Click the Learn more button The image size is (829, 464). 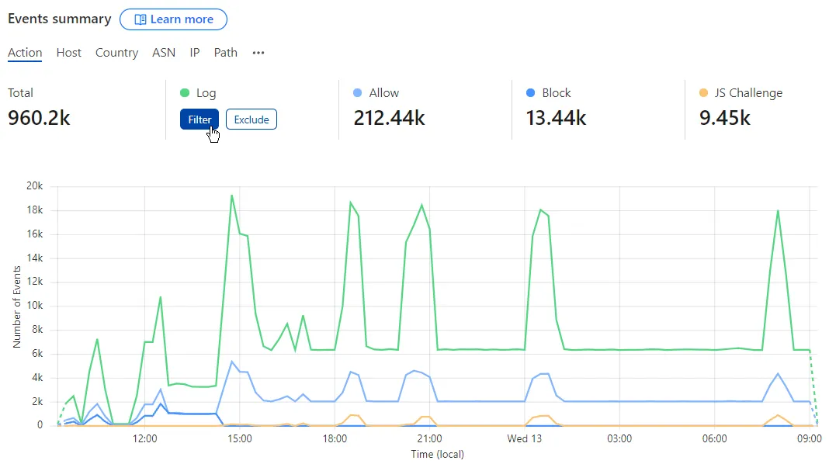coord(173,19)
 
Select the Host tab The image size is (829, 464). coord(68,53)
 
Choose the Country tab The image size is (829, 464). coord(116,53)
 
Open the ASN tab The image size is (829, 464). coord(164,53)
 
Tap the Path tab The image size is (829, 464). coord(226,53)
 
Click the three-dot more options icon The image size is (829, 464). coord(258,53)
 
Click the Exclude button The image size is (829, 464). coord(251,119)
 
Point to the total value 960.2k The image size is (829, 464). coord(39,118)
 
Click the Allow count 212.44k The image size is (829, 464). coord(389,118)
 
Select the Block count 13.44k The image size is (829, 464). coord(556,118)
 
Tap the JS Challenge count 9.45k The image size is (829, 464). coord(725,118)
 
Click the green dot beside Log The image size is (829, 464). coord(184,93)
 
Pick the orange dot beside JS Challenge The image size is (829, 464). coord(704,93)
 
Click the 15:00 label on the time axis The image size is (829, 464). coord(239,439)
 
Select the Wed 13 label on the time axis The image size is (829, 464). coord(524,439)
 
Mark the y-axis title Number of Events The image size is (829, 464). coord(17,306)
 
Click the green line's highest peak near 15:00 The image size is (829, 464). coord(231,195)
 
